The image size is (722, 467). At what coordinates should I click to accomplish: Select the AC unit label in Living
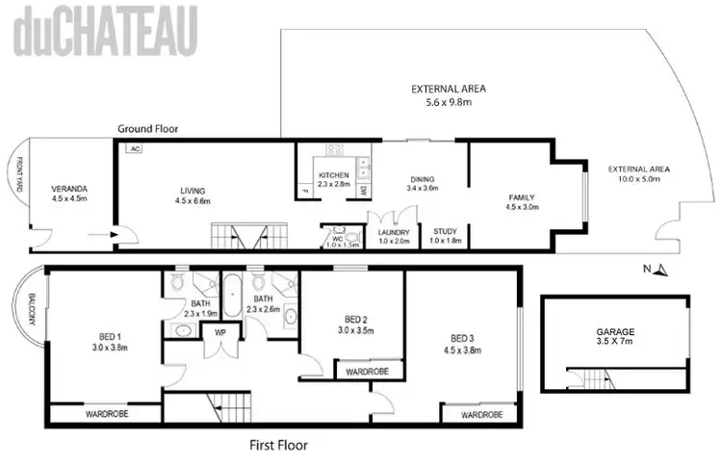pyautogui.click(x=135, y=149)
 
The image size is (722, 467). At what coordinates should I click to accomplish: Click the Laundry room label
pyautogui.click(x=395, y=232)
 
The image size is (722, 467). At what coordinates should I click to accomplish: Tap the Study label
pyautogui.click(x=445, y=231)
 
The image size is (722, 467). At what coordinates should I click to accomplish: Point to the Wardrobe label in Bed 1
pyautogui.click(x=105, y=414)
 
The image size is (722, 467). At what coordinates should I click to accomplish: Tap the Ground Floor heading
pyautogui.click(x=147, y=128)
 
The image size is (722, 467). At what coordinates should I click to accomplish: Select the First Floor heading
pyautogui.click(x=277, y=446)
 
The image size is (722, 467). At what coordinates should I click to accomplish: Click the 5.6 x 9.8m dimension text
pyautogui.click(x=448, y=101)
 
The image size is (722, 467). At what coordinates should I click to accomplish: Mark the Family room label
pyautogui.click(x=521, y=197)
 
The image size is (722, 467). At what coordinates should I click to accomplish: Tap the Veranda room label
pyautogui.click(x=69, y=188)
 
